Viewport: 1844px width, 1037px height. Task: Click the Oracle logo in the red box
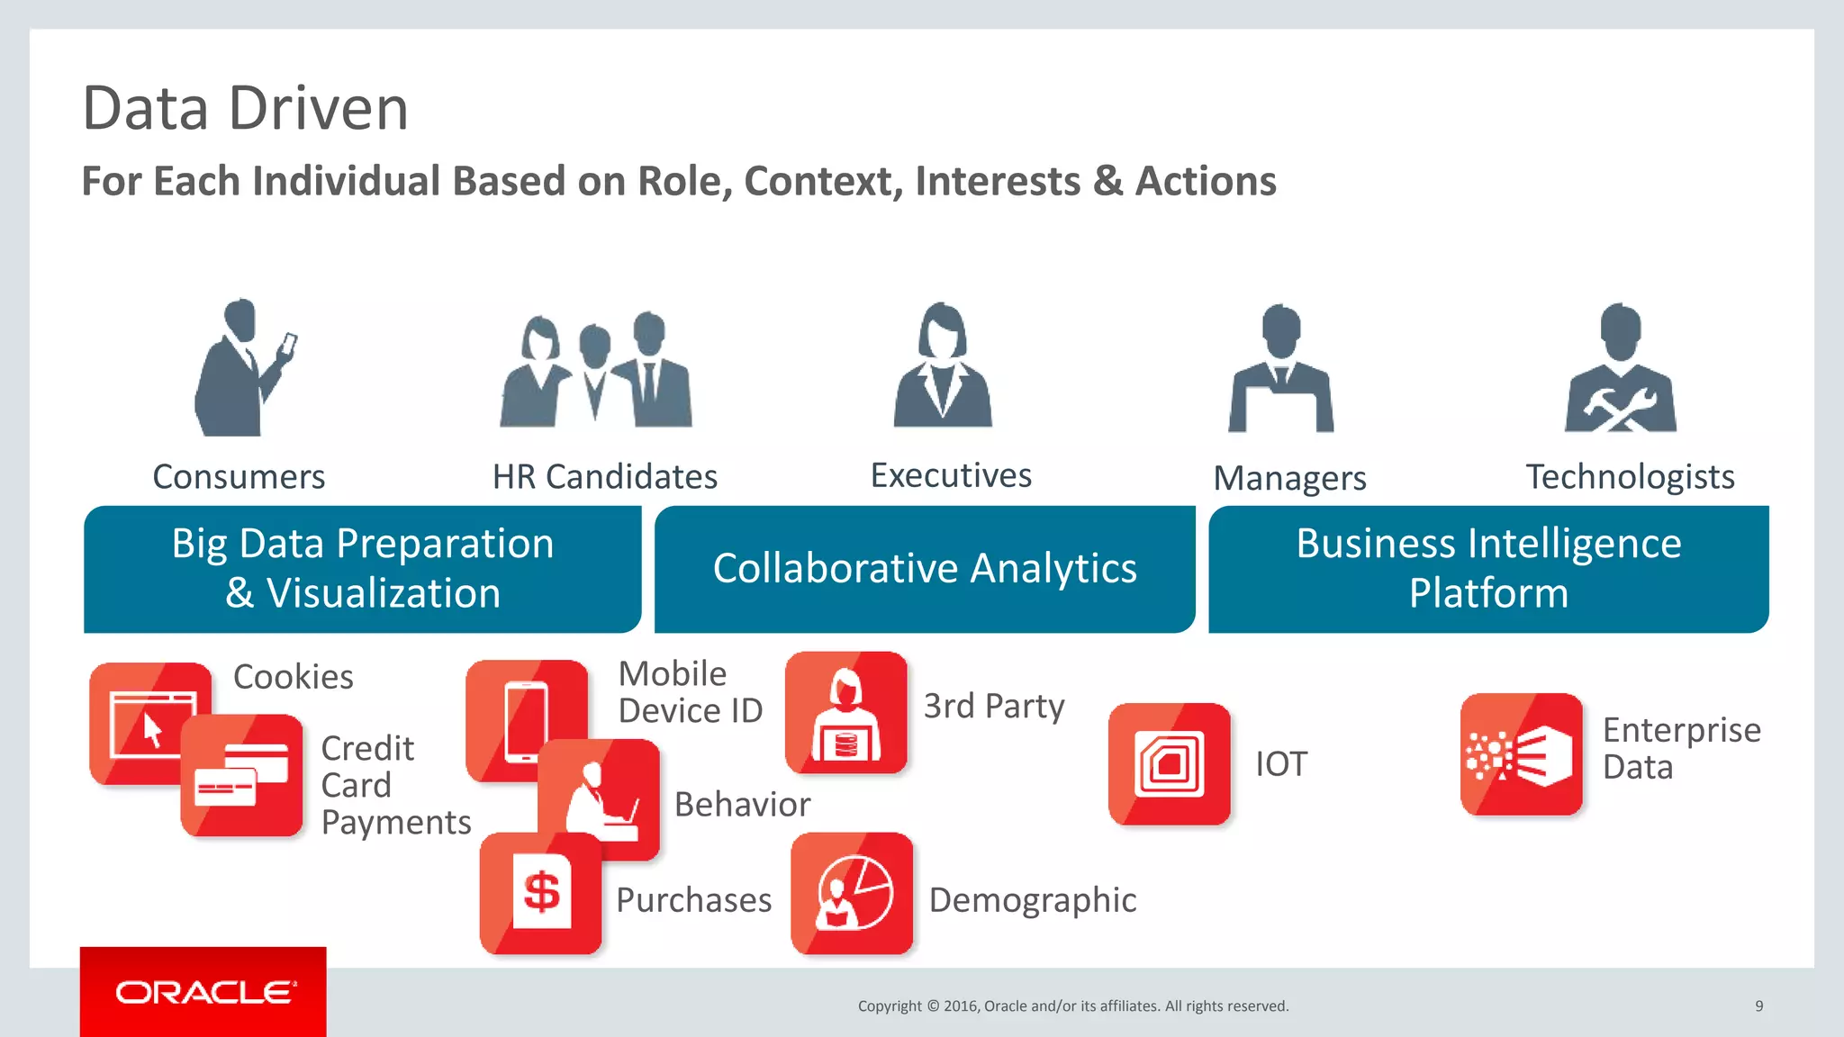point(204,992)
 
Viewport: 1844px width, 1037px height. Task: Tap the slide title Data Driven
point(245,109)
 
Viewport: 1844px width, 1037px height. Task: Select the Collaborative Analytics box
point(925,569)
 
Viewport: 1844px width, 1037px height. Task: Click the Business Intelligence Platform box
point(1488,569)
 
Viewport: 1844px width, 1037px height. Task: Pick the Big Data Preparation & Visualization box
point(362,569)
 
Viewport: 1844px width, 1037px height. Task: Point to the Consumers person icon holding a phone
point(241,369)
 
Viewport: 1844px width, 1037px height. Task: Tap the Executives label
point(951,475)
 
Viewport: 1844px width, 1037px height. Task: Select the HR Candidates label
point(605,477)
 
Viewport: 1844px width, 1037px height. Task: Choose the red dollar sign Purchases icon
point(541,894)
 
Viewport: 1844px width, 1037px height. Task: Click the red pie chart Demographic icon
point(852,894)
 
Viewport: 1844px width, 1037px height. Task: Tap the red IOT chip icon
point(1169,764)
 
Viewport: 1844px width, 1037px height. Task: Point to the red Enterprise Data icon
point(1521,754)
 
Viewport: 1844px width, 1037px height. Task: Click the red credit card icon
point(241,776)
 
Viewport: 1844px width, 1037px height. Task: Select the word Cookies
point(294,677)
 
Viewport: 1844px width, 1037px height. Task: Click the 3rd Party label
point(994,706)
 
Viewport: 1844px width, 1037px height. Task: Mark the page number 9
point(1758,1005)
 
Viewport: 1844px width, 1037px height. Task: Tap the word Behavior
point(742,805)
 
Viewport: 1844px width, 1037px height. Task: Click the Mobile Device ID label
point(690,692)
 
